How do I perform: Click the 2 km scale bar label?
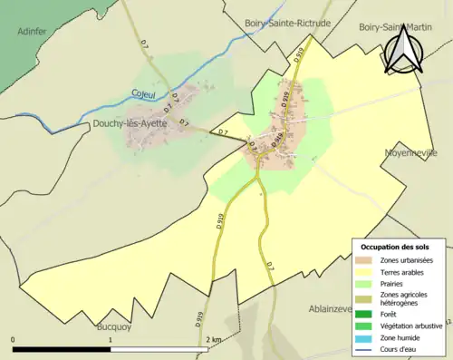pyautogui.click(x=213, y=339)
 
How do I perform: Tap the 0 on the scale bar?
pyautogui.click(x=13, y=339)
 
